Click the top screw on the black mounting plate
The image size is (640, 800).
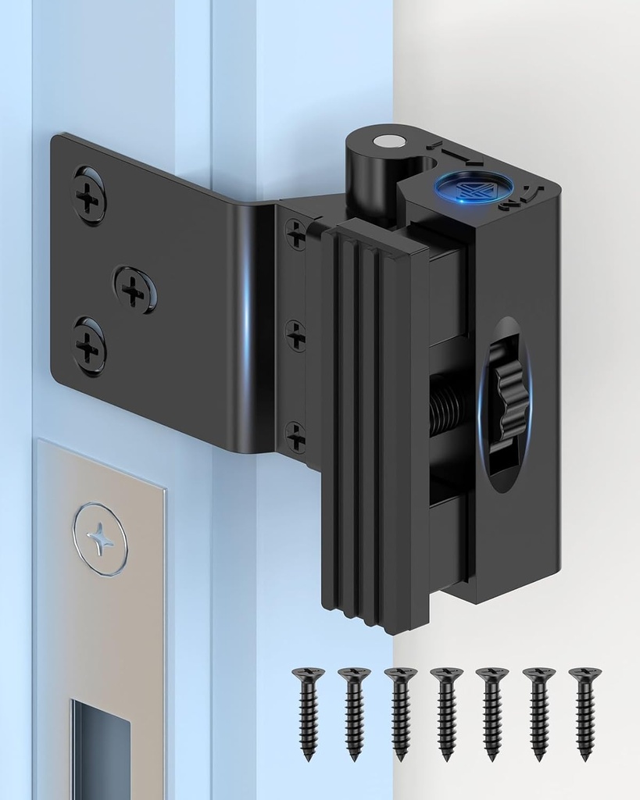tap(90, 195)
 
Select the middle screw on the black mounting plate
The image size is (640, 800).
tap(134, 290)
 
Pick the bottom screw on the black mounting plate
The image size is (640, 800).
tap(90, 345)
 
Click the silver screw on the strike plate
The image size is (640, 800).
tap(100, 539)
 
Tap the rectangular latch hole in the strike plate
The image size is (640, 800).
tap(100, 750)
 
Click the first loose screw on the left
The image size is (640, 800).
tap(308, 711)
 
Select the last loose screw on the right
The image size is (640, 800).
tap(585, 711)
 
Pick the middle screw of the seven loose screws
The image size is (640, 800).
tap(446, 711)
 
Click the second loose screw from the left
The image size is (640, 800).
tap(354, 711)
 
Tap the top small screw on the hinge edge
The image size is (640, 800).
tap(295, 232)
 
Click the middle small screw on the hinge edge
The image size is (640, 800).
tap(295, 335)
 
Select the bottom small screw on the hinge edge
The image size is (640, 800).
tap(295, 436)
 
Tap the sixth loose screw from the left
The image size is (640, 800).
tap(538, 711)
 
